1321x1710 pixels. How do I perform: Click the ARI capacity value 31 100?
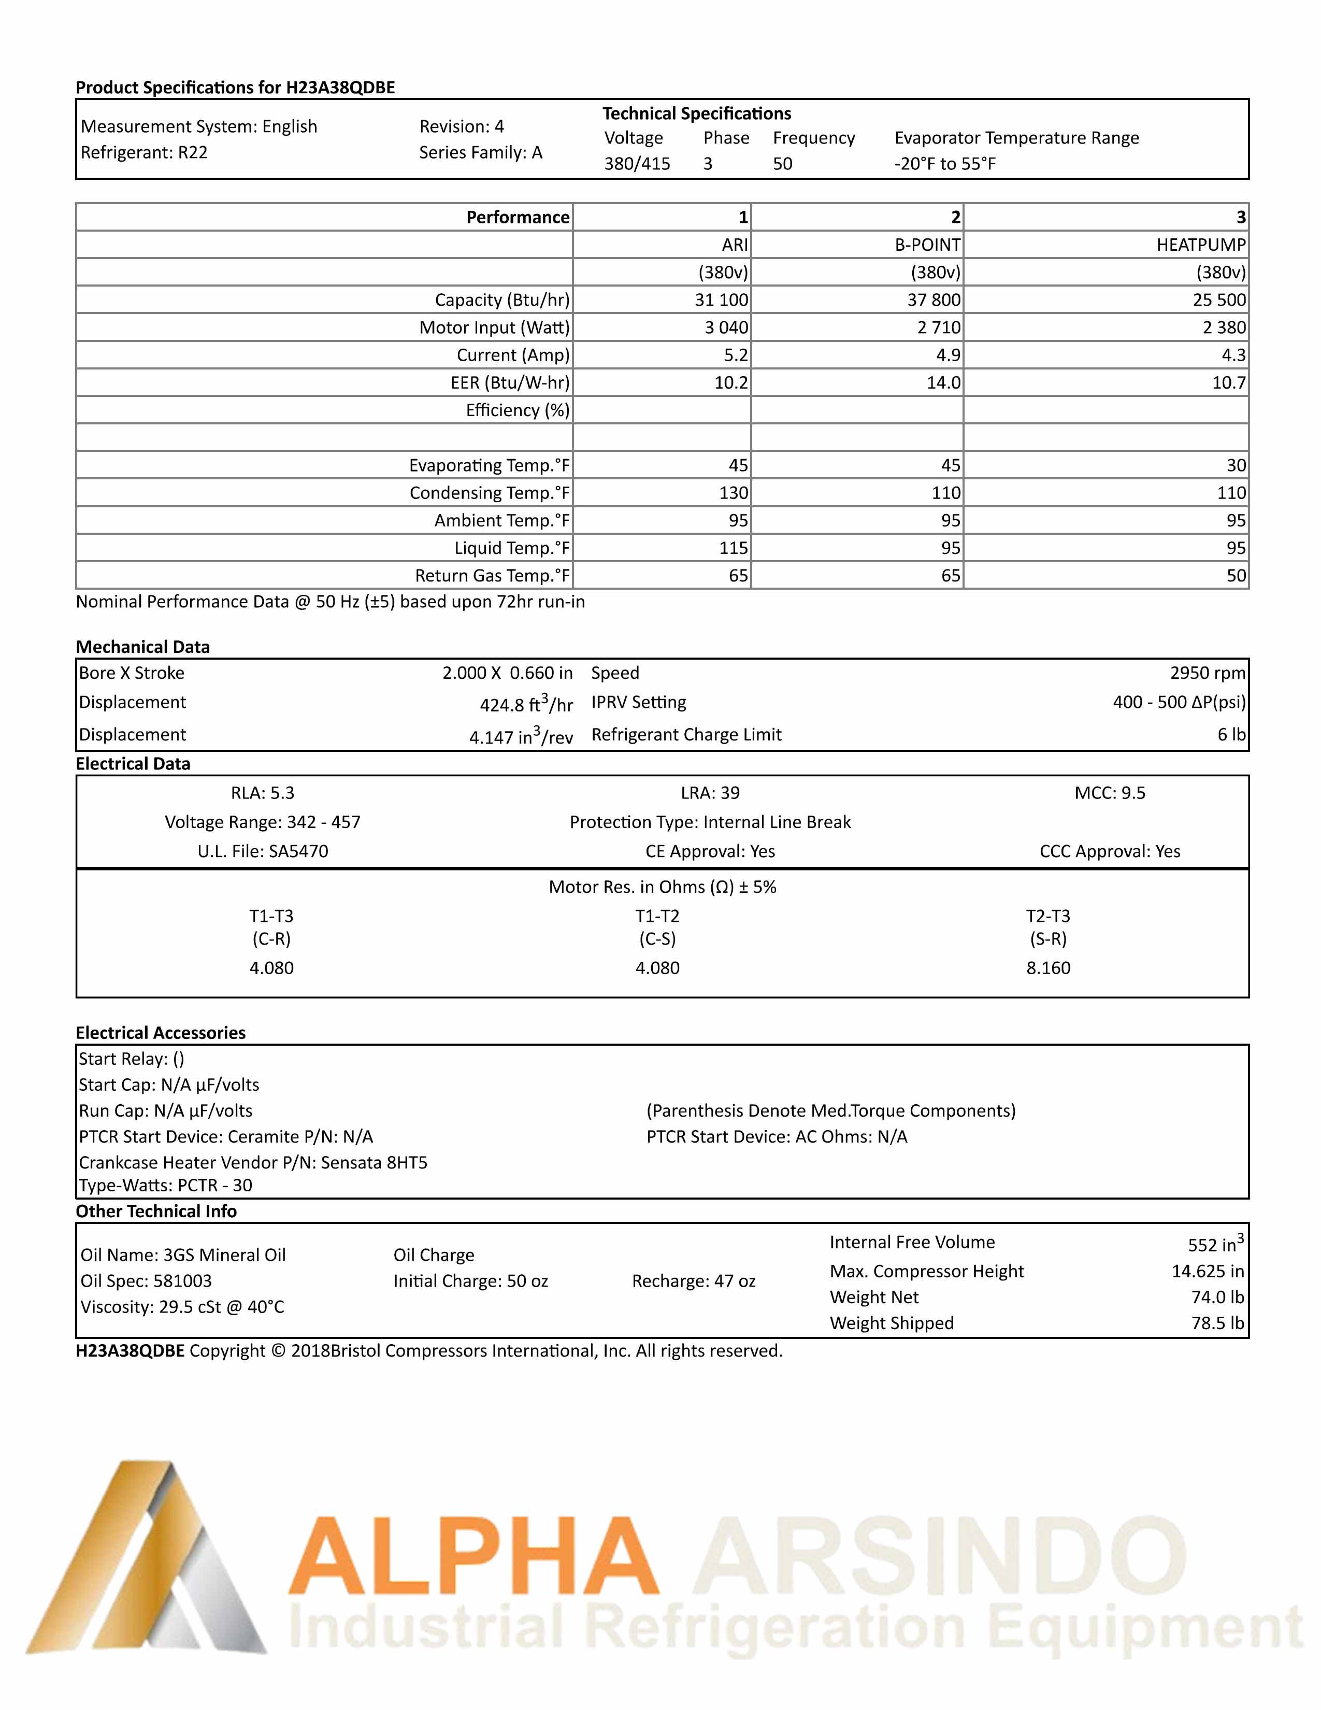pos(721,300)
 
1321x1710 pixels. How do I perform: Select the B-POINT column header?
pos(927,245)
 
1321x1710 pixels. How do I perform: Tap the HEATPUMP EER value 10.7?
pos(1229,383)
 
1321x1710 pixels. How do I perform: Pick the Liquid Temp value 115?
pos(733,548)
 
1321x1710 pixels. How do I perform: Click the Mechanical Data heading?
pos(142,647)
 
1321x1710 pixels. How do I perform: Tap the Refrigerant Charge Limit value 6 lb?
pos(1231,734)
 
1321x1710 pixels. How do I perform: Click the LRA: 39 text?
pos(710,793)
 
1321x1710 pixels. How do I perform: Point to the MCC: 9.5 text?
pos(1109,793)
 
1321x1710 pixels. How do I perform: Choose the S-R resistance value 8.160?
pos(1048,968)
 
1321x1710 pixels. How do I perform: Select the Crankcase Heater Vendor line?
pos(253,1163)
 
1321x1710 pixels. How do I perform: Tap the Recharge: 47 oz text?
pos(693,1281)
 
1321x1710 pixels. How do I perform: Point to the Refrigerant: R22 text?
pos(144,153)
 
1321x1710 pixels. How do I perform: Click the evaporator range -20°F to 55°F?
pos(944,164)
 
